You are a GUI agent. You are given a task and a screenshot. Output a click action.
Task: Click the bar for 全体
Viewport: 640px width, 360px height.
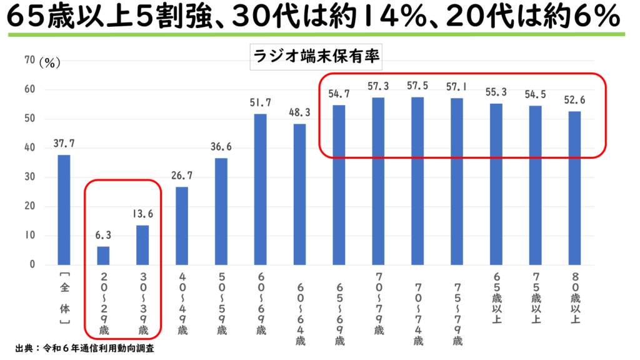pos(64,209)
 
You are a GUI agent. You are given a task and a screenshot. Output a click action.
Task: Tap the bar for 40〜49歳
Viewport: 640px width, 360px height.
pos(182,226)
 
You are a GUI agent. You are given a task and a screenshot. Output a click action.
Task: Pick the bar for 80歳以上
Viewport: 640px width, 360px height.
pos(575,187)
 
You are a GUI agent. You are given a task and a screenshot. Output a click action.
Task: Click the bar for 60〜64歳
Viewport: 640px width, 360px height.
pos(300,194)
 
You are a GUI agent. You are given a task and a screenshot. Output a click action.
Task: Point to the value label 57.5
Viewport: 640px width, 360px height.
pos(418,85)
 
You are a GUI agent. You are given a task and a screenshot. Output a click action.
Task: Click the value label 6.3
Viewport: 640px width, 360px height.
pos(103,235)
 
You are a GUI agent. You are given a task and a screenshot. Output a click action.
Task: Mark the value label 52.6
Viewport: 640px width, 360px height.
pos(575,99)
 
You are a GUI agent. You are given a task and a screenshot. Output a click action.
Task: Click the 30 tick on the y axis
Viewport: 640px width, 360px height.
pos(29,177)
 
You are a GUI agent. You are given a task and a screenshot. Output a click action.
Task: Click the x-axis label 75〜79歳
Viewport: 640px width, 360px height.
pos(457,309)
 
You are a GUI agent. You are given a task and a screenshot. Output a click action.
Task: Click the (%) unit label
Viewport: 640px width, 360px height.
pos(49,62)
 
